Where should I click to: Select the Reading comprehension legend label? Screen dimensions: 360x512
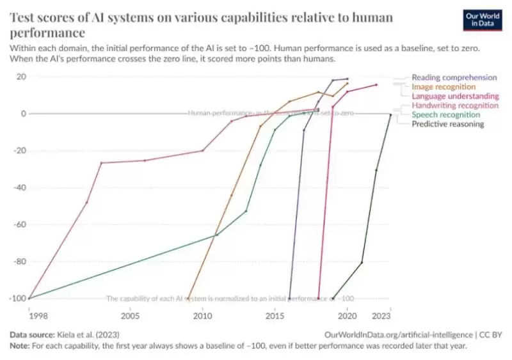454,77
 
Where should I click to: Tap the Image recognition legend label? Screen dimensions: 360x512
444,86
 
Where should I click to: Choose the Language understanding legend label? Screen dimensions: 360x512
455,96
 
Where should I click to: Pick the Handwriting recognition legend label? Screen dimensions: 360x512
455,105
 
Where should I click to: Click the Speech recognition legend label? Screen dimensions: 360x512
445,114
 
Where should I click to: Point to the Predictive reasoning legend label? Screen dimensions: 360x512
447,124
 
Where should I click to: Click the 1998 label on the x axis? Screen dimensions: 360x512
29,316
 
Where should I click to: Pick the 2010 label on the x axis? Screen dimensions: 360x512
203,316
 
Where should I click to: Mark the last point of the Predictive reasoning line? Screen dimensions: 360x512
390,115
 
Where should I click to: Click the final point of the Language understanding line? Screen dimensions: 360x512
376,84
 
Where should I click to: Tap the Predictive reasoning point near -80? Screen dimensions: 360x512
362,262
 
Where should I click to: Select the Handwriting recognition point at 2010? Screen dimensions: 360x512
203,151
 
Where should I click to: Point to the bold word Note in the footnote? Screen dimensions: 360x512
20,345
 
